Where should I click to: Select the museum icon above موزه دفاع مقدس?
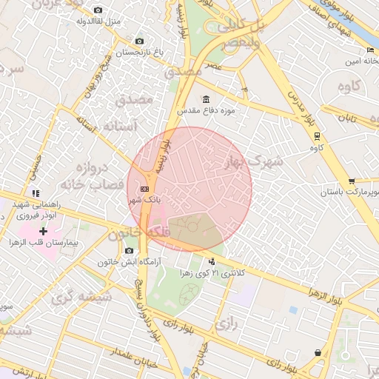coord(205,100)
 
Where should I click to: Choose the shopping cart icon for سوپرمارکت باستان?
coord(352,181)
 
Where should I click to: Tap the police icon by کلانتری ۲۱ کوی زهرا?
coord(212,261)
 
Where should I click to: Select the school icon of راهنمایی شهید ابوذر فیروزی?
coord(36,193)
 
